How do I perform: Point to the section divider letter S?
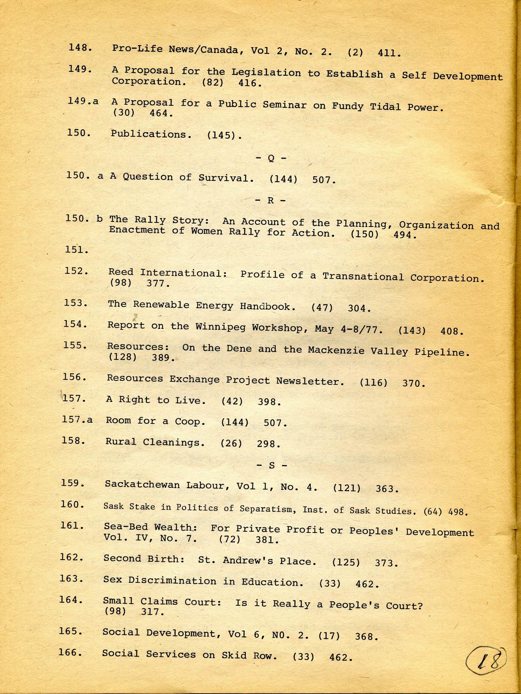tap(271, 465)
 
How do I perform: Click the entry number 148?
tap(80, 47)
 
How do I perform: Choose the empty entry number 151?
tap(77, 250)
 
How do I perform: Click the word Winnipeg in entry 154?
tap(222, 327)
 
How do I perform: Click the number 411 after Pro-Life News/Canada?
tap(389, 53)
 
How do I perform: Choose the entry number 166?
tap(70, 653)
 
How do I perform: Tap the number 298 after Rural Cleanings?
tap(269, 444)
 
